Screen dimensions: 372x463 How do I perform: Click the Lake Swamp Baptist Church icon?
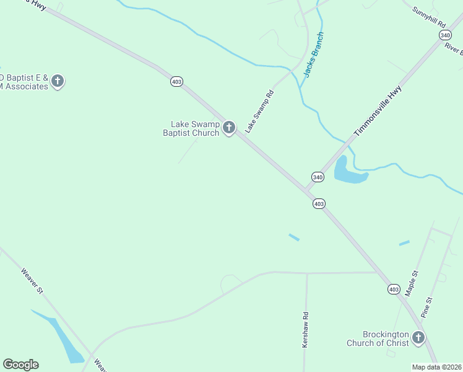point(229,128)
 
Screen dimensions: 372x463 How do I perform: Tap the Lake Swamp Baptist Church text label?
point(191,128)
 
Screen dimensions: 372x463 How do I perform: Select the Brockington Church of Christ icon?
point(418,338)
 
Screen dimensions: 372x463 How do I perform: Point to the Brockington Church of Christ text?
point(378,339)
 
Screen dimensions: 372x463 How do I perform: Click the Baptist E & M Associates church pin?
point(58,81)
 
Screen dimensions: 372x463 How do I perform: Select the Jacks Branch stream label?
point(314,55)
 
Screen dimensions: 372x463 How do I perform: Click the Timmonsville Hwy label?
point(378,110)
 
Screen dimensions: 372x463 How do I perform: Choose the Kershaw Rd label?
point(305,329)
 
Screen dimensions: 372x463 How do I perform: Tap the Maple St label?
point(412,282)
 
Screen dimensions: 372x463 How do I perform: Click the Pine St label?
point(426,308)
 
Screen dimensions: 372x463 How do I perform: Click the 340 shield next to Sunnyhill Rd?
point(445,35)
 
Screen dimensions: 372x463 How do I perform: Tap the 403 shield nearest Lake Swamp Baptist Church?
point(177,82)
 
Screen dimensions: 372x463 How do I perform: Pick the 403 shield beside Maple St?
point(394,290)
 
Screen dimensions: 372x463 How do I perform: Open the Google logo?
point(20,365)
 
